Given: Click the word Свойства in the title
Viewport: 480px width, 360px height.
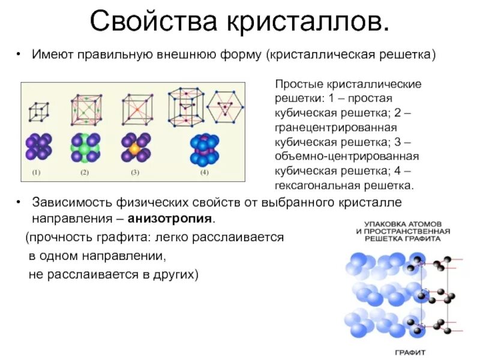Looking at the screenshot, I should (x=154, y=22).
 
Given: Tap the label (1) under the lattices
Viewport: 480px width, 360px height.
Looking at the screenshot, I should (x=36, y=173).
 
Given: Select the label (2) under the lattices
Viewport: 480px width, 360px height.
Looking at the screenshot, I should (x=84, y=173).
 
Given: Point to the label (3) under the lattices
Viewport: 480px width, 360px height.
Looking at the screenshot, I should (x=135, y=173).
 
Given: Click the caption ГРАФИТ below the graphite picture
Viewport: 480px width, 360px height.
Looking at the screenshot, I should (x=410, y=352).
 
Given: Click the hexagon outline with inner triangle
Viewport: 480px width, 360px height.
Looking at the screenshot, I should (x=226, y=107).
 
